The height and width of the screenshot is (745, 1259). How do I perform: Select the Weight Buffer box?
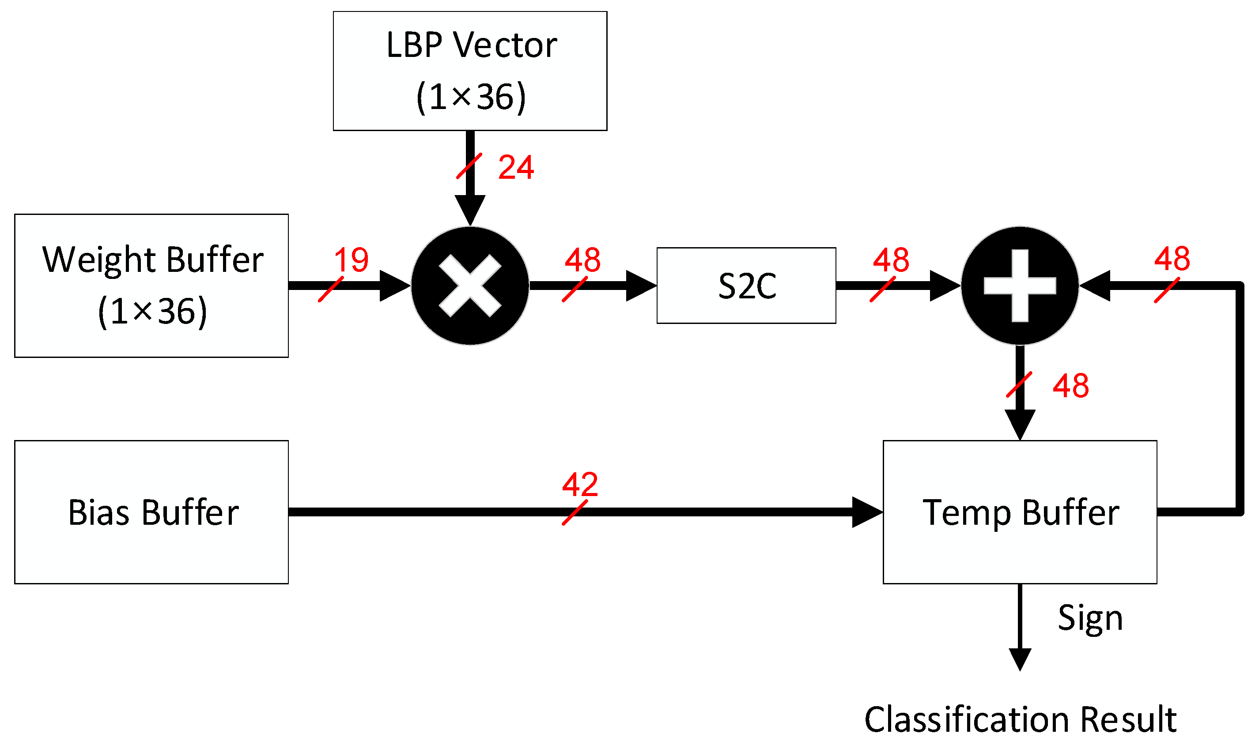[151, 285]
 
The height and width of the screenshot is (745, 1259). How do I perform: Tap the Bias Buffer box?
[151, 512]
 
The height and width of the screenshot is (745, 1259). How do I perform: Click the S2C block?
[746, 285]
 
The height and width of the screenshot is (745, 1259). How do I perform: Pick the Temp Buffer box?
[1020, 512]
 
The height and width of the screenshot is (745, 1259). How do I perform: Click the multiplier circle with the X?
[469, 285]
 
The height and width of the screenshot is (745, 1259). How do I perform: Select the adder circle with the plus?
[1020, 285]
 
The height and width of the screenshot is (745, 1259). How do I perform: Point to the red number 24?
[516, 167]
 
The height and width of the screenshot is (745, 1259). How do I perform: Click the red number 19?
[351, 260]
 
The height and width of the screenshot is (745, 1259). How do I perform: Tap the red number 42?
[579, 484]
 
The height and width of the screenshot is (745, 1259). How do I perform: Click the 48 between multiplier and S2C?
[582, 260]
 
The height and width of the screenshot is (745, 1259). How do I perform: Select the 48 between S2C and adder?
[890, 260]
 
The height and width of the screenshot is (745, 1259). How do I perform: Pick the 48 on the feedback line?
[1172, 259]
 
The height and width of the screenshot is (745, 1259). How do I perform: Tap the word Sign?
[1090, 618]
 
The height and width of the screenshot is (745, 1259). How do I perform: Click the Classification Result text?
[1020, 719]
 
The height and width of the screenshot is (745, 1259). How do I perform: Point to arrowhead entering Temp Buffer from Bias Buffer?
[868, 512]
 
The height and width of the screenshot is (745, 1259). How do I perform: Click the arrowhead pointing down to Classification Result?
[1020, 658]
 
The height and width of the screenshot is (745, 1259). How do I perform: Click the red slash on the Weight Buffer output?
[330, 289]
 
